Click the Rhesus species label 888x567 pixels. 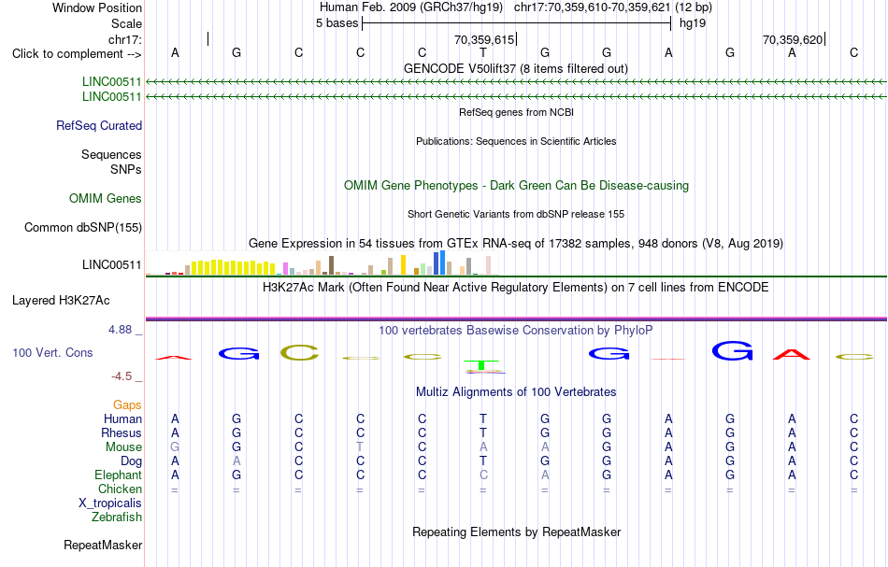pyautogui.click(x=122, y=432)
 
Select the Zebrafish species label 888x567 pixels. pyautogui.click(x=117, y=517)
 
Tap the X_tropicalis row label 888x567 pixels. pyautogui.click(x=110, y=503)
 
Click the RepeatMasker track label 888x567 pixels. pyautogui.click(x=103, y=545)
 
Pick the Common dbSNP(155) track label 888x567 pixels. pyautogui.click(x=82, y=228)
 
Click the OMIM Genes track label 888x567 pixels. pyautogui.click(x=106, y=199)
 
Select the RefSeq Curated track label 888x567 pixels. pyautogui.click(x=99, y=125)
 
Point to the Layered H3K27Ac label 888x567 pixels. pyautogui.click(x=61, y=301)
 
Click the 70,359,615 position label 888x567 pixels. pyautogui.click(x=484, y=39)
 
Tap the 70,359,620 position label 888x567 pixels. pyautogui.click(x=793, y=39)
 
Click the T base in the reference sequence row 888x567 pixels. pyautogui.click(x=483, y=52)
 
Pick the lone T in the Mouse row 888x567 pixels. pyautogui.click(x=360, y=447)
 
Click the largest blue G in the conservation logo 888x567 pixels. pyautogui.click(x=732, y=351)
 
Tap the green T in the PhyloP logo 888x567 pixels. pyautogui.click(x=481, y=365)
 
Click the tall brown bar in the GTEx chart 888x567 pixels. pyautogui.click(x=331, y=265)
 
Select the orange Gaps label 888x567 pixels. pyautogui.click(x=127, y=405)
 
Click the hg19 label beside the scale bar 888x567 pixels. pyautogui.click(x=693, y=23)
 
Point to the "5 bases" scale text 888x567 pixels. pyautogui.click(x=337, y=23)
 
